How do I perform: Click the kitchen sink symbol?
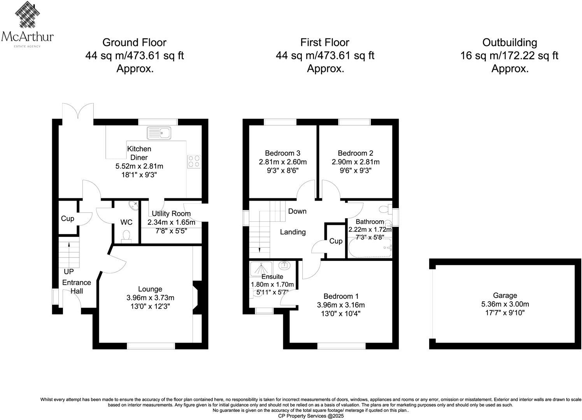159,133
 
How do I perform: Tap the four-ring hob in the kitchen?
194,161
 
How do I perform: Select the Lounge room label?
150,289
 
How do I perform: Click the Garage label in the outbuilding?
505,295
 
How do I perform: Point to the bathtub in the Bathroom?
370,248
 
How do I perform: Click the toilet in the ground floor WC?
126,236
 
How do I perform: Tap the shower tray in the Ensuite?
261,269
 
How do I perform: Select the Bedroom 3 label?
282,153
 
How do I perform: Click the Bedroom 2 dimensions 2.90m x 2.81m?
356,162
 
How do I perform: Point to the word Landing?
293,232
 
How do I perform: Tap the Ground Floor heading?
134,42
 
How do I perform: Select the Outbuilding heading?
510,42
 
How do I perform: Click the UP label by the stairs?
68,272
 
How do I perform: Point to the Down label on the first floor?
297,211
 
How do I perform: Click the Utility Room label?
171,213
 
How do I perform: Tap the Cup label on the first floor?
336,241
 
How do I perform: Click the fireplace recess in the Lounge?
197,298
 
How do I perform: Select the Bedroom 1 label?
341,296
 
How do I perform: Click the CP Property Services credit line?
311,416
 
